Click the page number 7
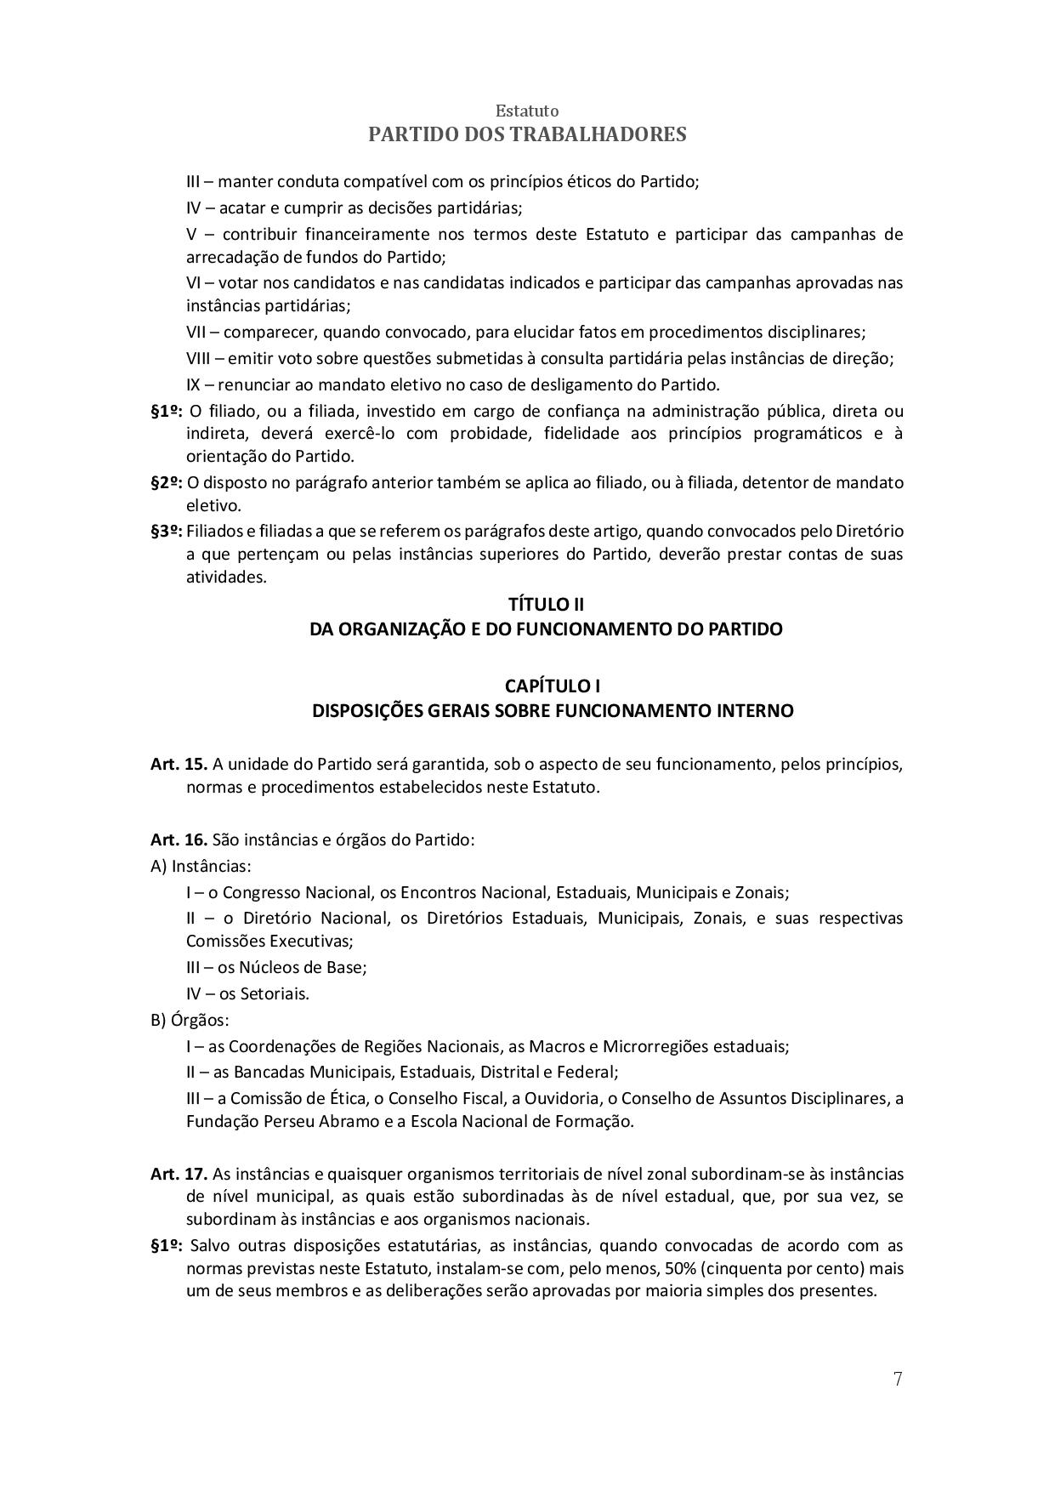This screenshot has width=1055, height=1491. (898, 1379)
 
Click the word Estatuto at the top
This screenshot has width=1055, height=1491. (527, 111)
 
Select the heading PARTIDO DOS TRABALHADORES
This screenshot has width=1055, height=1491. (527, 134)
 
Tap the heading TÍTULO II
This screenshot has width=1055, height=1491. (546, 605)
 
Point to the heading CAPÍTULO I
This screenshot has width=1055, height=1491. (552, 686)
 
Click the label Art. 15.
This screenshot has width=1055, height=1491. (179, 764)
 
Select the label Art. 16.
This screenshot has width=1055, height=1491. (179, 839)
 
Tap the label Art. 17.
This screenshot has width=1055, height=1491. (179, 1174)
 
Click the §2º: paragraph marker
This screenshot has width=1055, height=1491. (167, 482)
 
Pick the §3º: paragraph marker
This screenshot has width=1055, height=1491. (167, 531)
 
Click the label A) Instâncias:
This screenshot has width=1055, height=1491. (201, 866)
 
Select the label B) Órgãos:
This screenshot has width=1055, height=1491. (190, 1020)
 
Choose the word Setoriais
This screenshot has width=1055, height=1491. (274, 993)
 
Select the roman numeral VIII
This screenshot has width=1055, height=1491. (201, 359)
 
